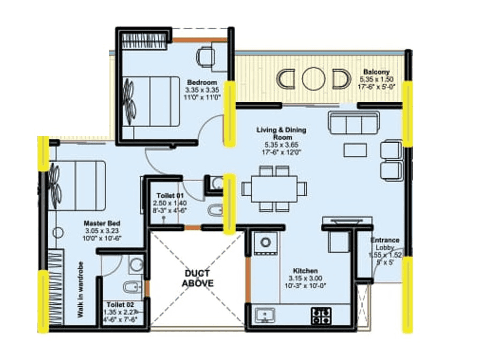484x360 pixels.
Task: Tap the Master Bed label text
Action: pos(102,223)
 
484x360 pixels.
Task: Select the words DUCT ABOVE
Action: pos(194,278)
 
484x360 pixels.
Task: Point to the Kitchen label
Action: pos(305,271)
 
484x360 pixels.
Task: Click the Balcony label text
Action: pos(376,72)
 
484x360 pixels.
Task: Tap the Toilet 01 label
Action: pos(170,196)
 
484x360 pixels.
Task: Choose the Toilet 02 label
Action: pos(116,304)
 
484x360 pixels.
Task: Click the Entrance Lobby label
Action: pos(384,244)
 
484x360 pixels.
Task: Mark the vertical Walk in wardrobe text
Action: pos(80,290)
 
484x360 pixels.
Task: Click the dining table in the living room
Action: pos(274,189)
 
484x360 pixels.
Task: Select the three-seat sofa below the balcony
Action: pos(353,124)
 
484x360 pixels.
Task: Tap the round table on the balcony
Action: pos(313,79)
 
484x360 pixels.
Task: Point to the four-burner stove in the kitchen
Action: pos(322,315)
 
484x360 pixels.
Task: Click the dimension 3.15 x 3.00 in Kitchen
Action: pos(305,279)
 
